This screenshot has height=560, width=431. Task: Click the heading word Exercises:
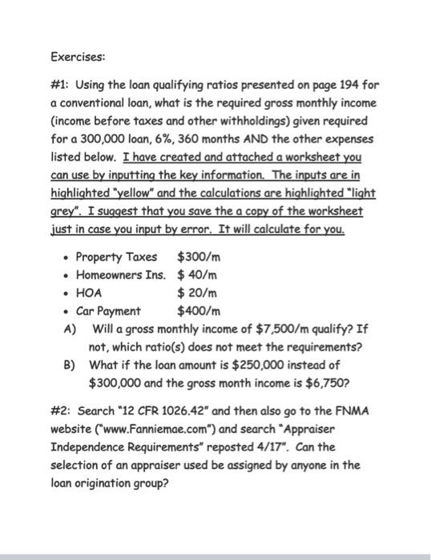point(78,58)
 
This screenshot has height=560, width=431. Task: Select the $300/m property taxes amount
point(198,257)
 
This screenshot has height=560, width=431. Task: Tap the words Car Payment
point(107,310)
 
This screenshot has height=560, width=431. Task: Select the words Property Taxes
point(116,257)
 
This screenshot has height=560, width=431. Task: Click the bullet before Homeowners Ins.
point(66,275)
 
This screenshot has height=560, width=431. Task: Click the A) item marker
point(68,328)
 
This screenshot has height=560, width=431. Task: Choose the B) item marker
point(68,364)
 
